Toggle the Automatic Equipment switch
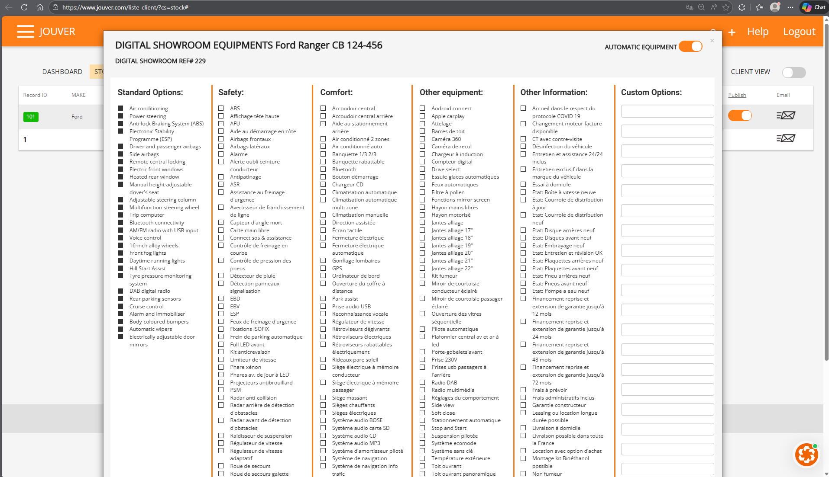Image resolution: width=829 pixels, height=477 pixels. point(690,47)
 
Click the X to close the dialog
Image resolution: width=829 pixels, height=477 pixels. point(712,41)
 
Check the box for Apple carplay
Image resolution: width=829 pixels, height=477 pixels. point(422,116)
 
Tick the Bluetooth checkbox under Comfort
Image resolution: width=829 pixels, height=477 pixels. point(323,169)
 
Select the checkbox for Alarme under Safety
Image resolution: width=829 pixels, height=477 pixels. point(221,154)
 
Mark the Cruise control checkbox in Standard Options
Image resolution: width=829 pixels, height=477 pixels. point(120,306)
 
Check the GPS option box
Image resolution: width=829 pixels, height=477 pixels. point(323,268)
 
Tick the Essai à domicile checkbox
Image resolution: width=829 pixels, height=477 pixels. point(523,184)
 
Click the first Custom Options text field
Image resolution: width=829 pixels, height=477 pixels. point(667,111)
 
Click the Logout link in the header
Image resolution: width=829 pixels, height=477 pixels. point(799,32)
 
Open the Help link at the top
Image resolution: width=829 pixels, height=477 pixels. point(758,32)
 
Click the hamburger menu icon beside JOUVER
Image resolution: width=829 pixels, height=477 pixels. point(26,32)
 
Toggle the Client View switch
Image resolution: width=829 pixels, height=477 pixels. point(793,72)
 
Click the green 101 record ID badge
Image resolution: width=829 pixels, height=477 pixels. point(31,117)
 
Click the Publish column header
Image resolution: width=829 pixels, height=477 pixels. point(737,95)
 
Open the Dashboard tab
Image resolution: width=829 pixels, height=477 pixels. point(62,72)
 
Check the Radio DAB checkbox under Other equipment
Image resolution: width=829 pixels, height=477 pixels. point(422,382)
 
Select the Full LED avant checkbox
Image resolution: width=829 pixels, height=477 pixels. point(221,344)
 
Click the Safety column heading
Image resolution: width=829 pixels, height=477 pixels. point(231,92)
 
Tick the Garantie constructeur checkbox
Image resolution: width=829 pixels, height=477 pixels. point(523,405)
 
